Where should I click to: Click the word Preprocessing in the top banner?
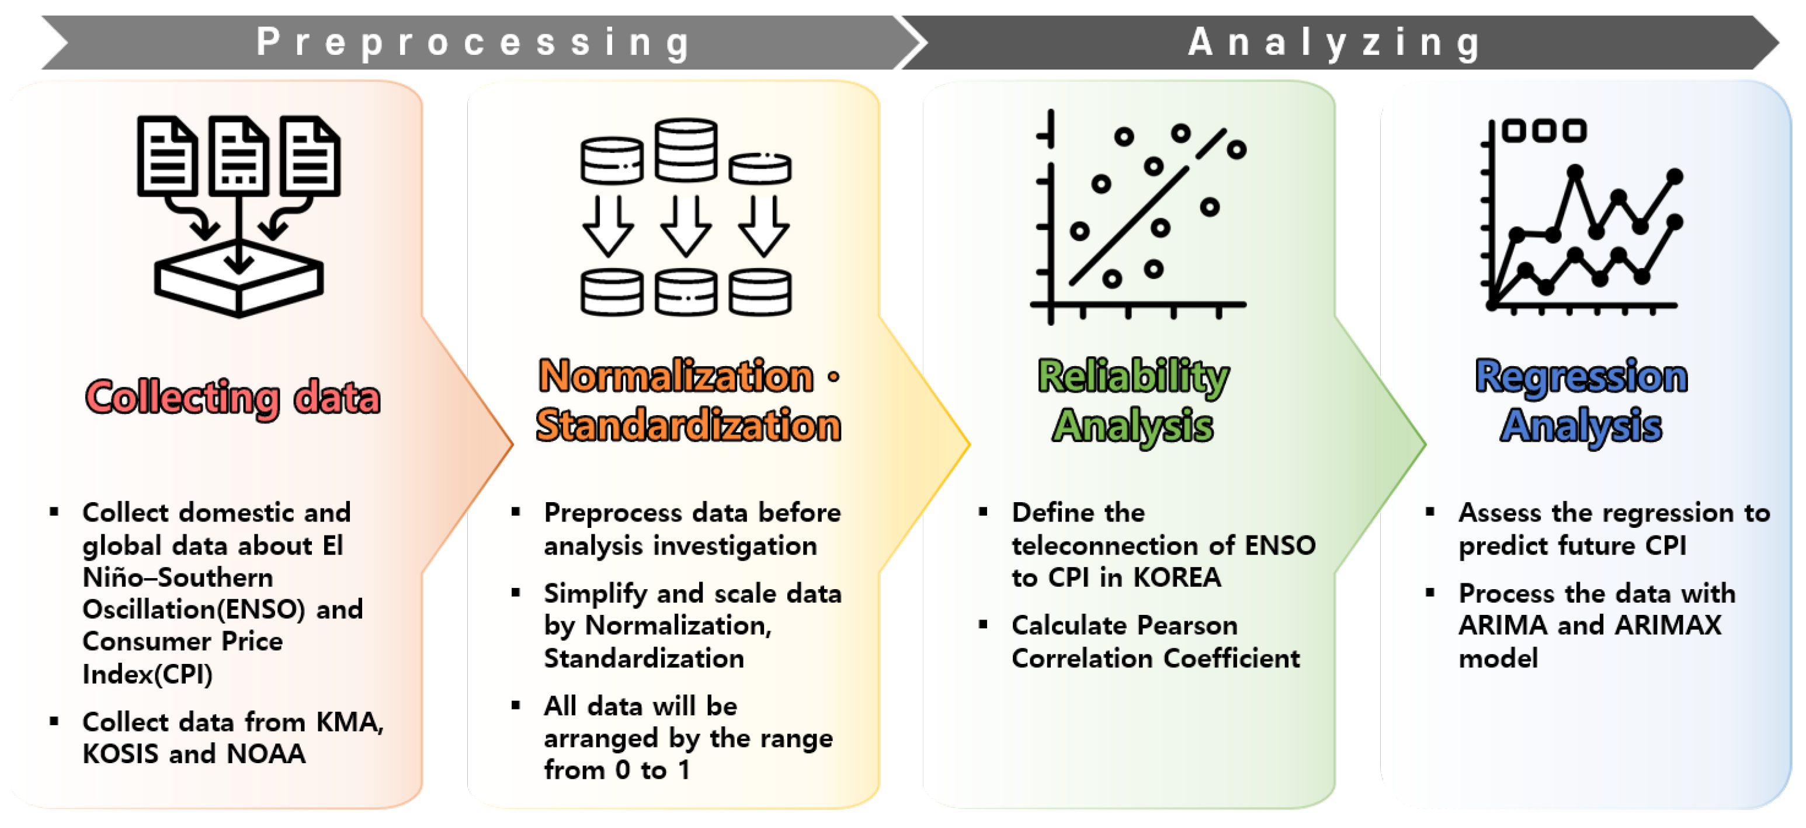474,42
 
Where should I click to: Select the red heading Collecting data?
233,398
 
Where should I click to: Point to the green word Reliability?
1133,377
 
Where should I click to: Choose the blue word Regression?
1581,377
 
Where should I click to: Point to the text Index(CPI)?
147,674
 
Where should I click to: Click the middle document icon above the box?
239,156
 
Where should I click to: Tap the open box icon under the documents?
239,280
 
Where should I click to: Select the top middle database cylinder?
686,149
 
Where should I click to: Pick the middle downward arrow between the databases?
686,227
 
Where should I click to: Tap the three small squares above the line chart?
1545,130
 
